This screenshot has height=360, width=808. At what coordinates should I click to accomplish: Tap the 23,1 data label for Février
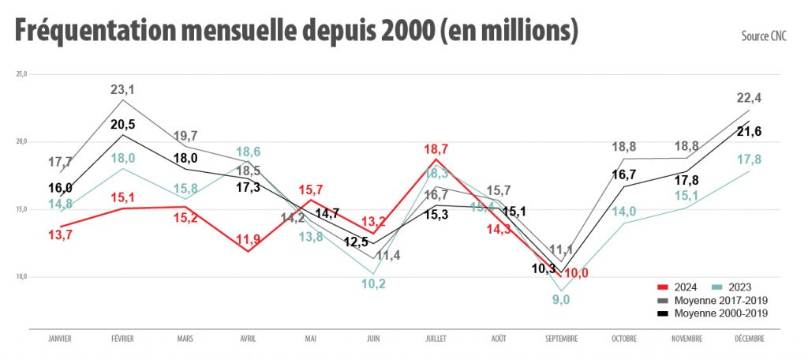coord(122,90)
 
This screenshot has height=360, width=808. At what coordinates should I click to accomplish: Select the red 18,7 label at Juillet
coord(437,149)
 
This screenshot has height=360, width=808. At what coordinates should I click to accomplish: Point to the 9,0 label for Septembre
coord(561,299)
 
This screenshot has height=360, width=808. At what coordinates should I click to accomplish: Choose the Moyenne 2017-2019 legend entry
coord(713,300)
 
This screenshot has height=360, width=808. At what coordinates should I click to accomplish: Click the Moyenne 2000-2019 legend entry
coord(713,313)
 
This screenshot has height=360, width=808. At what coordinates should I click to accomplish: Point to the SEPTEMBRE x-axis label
coord(561,339)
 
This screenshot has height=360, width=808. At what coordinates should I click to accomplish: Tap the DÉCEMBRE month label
coord(748,339)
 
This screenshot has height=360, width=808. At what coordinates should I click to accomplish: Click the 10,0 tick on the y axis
coord(21,277)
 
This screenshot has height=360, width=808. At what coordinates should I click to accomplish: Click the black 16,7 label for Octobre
coord(623,174)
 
